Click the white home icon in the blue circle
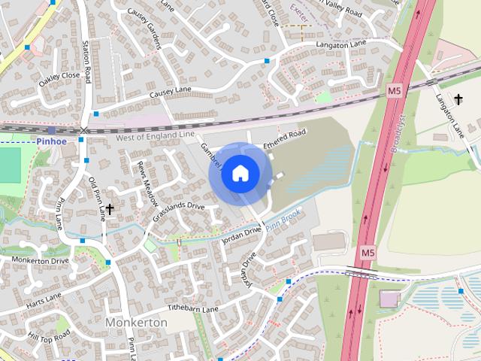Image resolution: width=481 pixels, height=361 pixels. coord(240,173)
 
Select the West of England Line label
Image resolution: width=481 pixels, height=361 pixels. coord(155,137)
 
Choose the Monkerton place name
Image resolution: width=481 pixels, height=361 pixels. coord(137,322)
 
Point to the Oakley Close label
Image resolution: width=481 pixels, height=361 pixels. coord(61,75)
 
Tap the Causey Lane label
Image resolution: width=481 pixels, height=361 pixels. coord(171,92)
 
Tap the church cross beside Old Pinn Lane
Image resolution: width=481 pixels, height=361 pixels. coord(110,209)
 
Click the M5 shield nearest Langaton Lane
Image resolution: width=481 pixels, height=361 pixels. coord(394,90)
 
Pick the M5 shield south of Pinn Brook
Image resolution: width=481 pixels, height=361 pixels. coord(366,253)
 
